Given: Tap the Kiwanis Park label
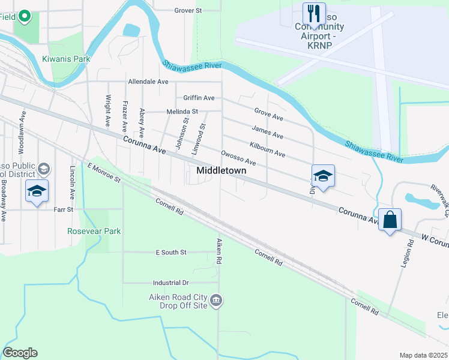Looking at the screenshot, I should pyautogui.click(x=66, y=59).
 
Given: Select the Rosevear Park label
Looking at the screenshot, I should pyautogui.click(x=94, y=231).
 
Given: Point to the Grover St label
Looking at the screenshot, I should pyautogui.click(x=188, y=10).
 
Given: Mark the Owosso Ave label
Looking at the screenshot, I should pyautogui.click(x=238, y=159).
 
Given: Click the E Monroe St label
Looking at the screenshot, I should pyautogui.click(x=104, y=172).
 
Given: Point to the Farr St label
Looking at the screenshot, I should pyautogui.click(x=63, y=209).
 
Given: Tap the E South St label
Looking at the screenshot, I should pyautogui.click(x=170, y=253).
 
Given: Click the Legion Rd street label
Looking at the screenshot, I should pyautogui.click(x=411, y=253).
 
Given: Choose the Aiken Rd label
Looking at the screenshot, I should pyautogui.click(x=219, y=252).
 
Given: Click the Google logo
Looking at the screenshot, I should pyautogui.click(x=20, y=353).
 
